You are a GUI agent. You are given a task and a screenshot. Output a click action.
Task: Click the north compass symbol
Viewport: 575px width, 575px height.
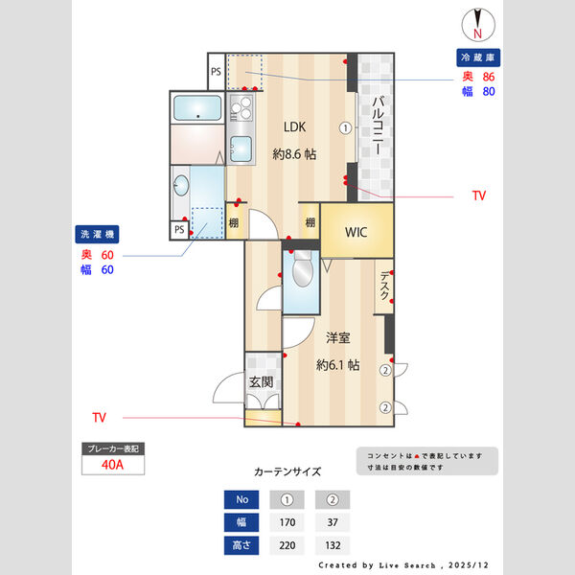tap(476, 22)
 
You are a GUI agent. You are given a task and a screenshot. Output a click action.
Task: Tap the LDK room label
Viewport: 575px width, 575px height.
tap(294, 126)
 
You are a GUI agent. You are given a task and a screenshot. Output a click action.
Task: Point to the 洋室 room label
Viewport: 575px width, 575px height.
tap(336, 337)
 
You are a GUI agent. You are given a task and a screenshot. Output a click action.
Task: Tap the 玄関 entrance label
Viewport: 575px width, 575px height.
tap(262, 381)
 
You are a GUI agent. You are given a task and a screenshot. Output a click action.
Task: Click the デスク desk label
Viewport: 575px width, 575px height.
tap(384, 286)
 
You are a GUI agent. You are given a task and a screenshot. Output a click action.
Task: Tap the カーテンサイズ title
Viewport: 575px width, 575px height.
tap(287, 471)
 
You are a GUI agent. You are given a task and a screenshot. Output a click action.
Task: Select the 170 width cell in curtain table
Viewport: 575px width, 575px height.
tap(287, 523)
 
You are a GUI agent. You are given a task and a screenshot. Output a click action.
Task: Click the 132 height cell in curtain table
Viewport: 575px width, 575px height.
tap(333, 546)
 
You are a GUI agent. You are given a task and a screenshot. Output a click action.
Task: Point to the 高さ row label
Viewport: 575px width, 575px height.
tap(241, 546)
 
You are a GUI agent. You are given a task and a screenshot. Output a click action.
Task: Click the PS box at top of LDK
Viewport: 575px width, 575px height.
tap(216, 71)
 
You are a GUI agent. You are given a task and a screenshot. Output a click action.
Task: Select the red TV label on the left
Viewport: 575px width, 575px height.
tap(99, 417)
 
